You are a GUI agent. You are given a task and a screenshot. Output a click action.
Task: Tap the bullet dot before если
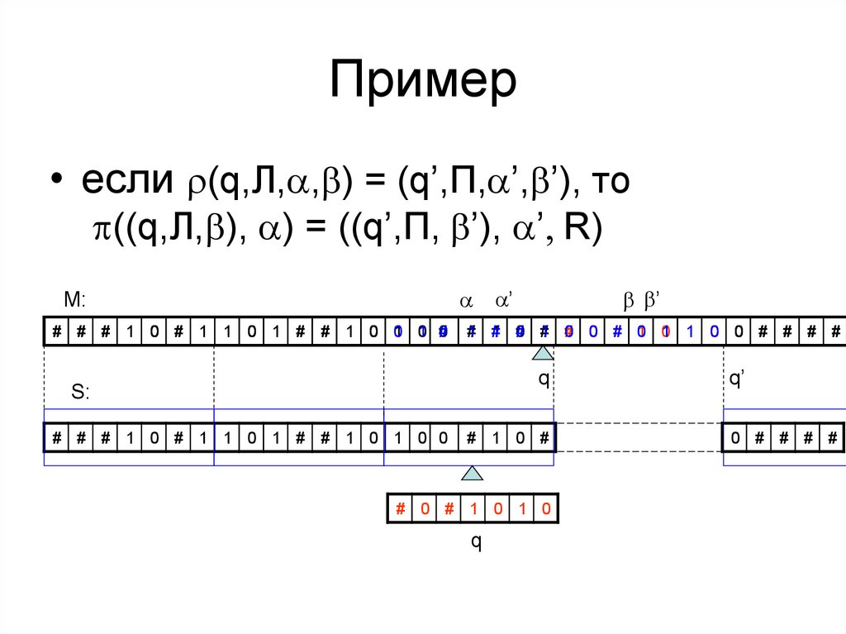[56, 182]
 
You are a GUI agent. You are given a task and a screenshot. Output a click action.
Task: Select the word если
[124, 182]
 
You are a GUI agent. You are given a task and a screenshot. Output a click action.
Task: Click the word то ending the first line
[610, 182]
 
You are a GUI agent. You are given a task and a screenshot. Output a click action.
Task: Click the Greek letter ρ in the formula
[192, 184]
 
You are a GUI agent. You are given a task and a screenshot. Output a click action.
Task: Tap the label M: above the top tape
[74, 301]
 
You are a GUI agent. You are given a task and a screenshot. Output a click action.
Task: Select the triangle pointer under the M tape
[542, 354]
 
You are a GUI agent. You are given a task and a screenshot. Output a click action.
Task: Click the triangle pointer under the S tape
[473, 474]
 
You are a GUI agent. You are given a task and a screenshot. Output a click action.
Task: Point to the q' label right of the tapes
[737, 379]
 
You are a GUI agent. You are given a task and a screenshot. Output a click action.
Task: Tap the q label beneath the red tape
[476, 541]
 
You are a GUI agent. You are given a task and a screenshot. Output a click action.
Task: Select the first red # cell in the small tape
[400, 508]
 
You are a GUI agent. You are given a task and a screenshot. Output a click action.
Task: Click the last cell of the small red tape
[545, 508]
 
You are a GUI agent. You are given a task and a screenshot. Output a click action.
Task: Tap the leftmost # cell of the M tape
[56, 332]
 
